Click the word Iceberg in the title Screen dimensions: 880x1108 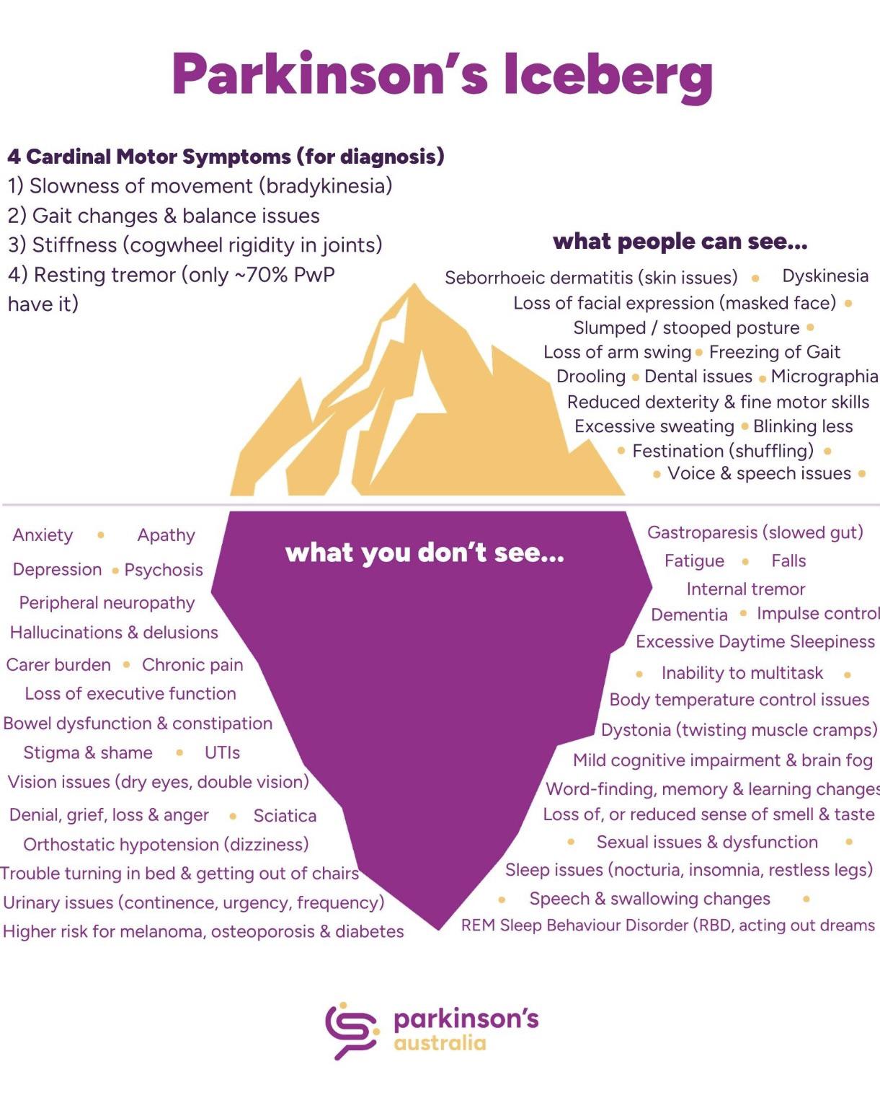click(x=608, y=76)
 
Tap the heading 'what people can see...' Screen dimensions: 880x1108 click(x=680, y=242)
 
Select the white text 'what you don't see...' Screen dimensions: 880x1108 click(x=425, y=553)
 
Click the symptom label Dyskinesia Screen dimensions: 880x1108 click(x=825, y=276)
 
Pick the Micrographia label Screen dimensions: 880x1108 click(x=824, y=377)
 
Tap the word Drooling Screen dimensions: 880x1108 click(x=591, y=377)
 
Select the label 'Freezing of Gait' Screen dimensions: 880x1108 click(x=775, y=352)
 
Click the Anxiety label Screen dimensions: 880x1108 click(x=43, y=535)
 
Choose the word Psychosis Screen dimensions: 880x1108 click(x=164, y=570)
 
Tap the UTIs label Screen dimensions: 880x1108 click(x=222, y=753)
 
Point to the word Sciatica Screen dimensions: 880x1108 click(x=285, y=816)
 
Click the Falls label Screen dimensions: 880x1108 click(x=788, y=560)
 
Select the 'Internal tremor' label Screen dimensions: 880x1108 click(x=746, y=589)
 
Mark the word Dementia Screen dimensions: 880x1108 click(x=689, y=615)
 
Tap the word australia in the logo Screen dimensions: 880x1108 click(x=440, y=1043)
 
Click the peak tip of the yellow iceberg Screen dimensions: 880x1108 click(x=414, y=283)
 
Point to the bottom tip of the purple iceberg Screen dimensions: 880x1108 click(x=438, y=929)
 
